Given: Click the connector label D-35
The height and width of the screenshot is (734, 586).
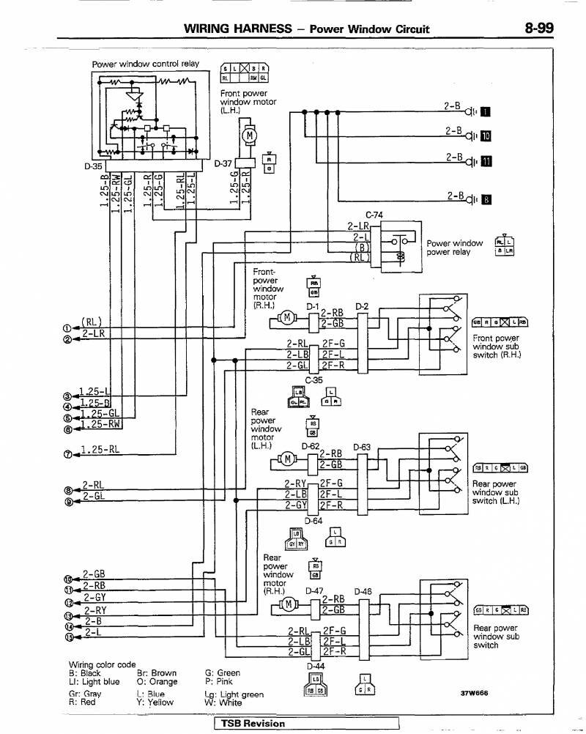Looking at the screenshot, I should (92, 165).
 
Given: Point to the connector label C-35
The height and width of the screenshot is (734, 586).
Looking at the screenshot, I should (314, 379).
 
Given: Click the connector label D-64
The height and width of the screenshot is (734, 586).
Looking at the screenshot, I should (314, 520).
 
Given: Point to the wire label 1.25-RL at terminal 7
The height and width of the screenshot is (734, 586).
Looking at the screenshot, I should (99, 450).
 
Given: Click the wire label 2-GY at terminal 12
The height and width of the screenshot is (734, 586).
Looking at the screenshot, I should (94, 598).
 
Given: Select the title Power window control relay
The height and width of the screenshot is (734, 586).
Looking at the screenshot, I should (145, 64).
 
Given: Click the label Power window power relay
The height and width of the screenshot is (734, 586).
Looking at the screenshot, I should (454, 248).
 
